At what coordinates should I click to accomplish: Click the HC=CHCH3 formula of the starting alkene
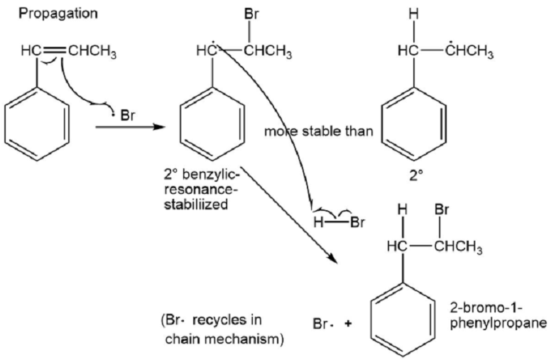pos(68,53)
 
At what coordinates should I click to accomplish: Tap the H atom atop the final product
pos(403,211)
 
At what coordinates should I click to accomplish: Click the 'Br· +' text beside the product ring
pos(332,323)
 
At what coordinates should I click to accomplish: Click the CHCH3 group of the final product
pos(458,249)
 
